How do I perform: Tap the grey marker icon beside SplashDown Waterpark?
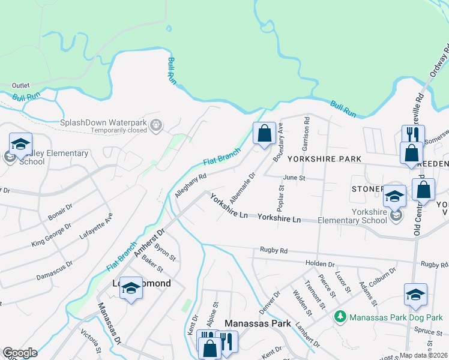click(x=156, y=125)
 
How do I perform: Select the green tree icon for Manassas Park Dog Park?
click(x=340, y=316)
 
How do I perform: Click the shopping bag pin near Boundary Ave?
click(x=264, y=133)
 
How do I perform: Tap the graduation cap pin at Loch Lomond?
click(x=130, y=289)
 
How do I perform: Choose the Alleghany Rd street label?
click(x=191, y=186)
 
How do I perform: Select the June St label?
click(x=294, y=178)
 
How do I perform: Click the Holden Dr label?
click(x=319, y=263)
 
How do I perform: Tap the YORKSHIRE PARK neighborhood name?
click(x=324, y=159)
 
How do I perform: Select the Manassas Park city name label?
click(x=258, y=323)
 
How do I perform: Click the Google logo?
click(x=20, y=353)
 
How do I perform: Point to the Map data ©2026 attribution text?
click(x=423, y=356)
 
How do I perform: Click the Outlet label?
click(x=20, y=85)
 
